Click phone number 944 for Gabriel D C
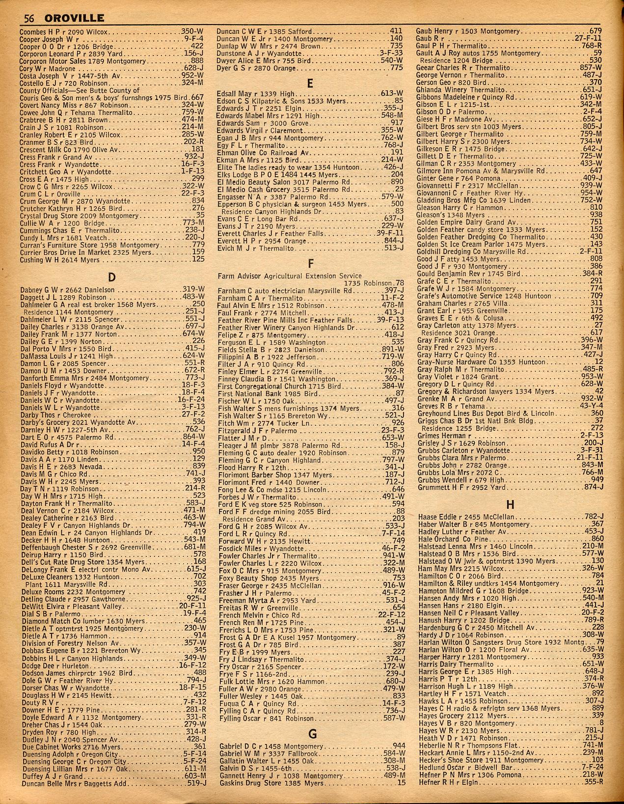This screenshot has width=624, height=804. tap(399, 746)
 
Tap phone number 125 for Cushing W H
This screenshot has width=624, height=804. tap(197, 260)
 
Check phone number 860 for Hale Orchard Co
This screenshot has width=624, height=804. tap(595, 539)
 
